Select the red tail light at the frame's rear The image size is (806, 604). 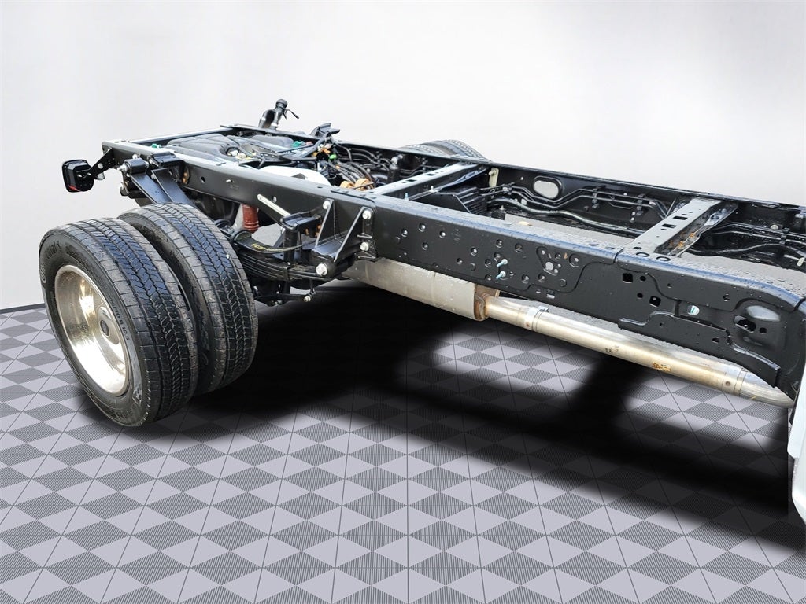[x=77, y=175]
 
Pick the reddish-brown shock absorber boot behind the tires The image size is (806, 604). [x=250, y=218]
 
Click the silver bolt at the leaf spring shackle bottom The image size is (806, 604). [x=322, y=270]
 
